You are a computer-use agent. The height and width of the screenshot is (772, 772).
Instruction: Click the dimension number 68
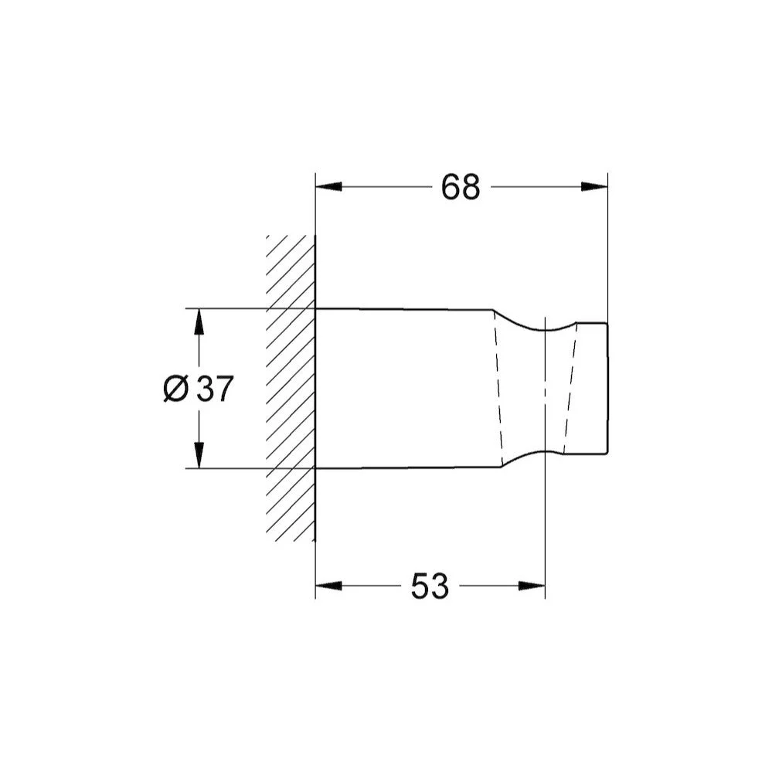460,187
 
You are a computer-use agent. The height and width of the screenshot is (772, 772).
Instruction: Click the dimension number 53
430,586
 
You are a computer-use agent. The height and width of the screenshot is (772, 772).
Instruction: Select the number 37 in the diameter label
214,389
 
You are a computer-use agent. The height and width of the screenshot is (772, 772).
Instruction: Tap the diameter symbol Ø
175,389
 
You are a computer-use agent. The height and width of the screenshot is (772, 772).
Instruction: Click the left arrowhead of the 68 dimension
328,187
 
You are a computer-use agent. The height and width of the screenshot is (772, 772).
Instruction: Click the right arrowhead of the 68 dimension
594,187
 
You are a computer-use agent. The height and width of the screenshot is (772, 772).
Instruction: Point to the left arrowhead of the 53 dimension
328,586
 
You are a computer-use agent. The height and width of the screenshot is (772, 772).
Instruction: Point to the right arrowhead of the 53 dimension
532,586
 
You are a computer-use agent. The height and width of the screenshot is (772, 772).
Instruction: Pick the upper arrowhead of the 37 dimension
199,322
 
